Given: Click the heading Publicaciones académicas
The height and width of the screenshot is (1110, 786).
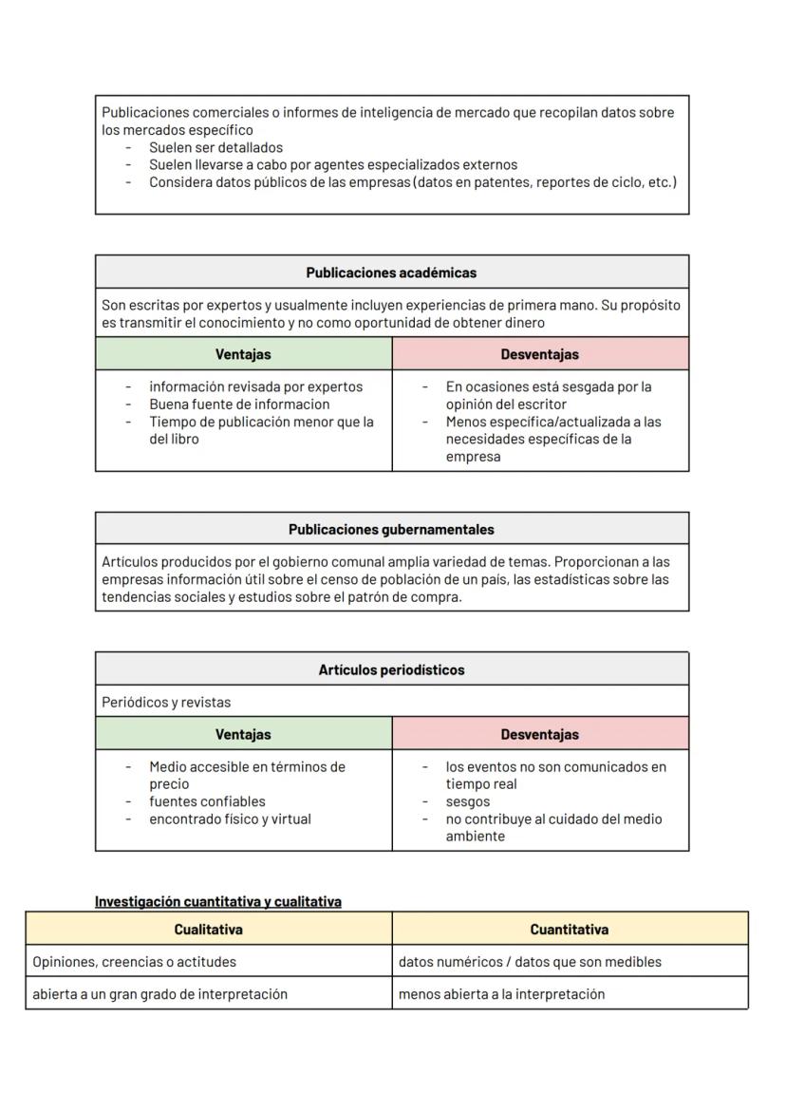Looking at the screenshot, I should tap(391, 273).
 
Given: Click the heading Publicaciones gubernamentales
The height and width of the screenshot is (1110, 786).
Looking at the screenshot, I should tap(391, 530).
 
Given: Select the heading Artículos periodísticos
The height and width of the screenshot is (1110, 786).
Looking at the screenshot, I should tap(391, 669).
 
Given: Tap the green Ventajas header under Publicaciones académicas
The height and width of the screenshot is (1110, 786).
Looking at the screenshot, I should tap(243, 354).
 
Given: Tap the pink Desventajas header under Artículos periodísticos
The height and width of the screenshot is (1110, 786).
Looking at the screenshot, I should tap(539, 734).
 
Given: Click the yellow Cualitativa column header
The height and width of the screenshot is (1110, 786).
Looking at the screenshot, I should tap(208, 930).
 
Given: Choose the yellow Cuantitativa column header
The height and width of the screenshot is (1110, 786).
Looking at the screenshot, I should tap(570, 930).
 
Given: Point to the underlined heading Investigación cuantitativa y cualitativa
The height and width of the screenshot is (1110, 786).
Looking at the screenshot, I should tap(218, 901).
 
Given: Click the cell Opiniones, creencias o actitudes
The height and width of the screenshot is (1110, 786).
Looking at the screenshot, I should tap(134, 962).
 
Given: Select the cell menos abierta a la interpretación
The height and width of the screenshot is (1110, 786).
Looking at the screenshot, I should tap(501, 994).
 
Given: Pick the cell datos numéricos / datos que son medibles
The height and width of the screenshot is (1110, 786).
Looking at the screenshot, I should tap(530, 962).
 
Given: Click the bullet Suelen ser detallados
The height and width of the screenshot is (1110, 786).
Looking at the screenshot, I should tap(215, 147).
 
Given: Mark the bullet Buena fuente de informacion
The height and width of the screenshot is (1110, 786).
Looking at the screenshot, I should tap(239, 404).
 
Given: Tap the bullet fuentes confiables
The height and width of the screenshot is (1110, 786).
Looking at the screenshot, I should tap(207, 801).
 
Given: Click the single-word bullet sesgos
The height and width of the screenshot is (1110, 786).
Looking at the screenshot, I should tap(468, 801).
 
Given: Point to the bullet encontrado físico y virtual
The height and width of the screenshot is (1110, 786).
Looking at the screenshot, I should tap(230, 818).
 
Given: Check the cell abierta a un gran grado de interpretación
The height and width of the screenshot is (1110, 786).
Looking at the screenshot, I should tap(159, 994).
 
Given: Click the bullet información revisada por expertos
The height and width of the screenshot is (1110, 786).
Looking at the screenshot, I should tap(255, 386).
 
